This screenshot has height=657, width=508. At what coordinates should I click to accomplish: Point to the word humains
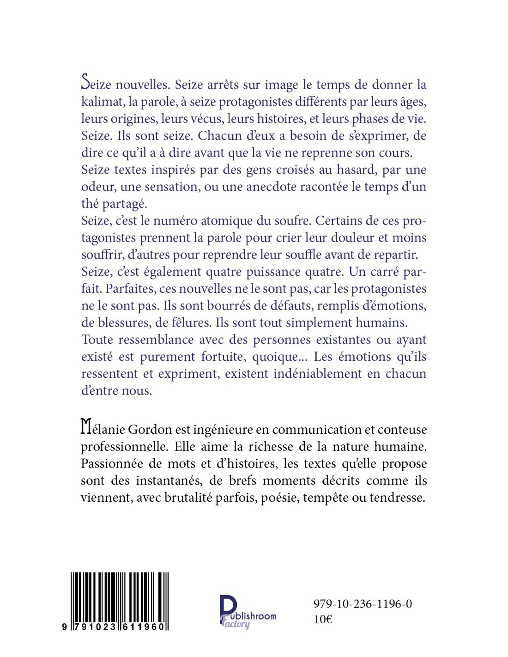click(379, 322)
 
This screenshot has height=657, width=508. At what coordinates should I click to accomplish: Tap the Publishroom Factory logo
click(247, 612)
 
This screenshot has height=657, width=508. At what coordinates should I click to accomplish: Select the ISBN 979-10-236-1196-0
click(363, 604)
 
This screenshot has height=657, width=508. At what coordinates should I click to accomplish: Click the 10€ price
click(323, 620)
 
